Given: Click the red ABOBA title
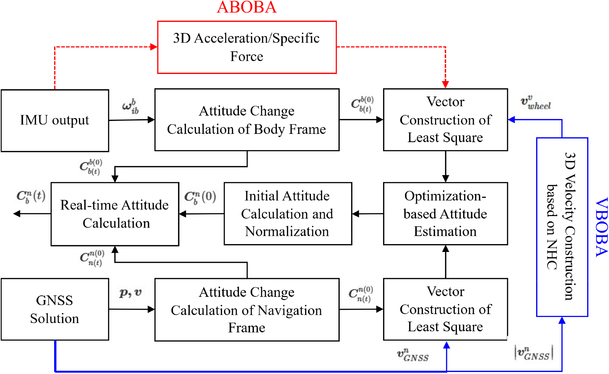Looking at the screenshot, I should point(247,8).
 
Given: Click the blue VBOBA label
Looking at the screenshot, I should point(601,227).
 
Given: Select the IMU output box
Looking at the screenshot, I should point(55,121).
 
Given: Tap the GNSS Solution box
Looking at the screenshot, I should point(55,309).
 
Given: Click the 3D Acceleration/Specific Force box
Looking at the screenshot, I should point(247,47).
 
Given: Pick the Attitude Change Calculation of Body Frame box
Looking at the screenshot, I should point(247,120).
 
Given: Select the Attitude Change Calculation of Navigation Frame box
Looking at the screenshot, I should point(247,309).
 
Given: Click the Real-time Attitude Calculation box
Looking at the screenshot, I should point(115,214).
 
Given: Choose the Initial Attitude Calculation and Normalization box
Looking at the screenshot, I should point(288,214).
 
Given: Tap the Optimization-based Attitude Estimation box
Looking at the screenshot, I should point(445,214).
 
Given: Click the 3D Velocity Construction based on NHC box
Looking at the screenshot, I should point(562,227).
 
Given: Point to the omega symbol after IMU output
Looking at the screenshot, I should point(130,107).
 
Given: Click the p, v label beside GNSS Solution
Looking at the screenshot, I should point(130,293).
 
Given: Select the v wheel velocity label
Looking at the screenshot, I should point(535,103).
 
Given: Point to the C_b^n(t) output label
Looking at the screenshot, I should point(31,197).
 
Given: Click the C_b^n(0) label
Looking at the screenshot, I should point(200,197).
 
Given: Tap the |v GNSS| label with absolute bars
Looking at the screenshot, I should point(534,353).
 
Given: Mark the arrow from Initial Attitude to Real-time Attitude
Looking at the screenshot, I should point(201,214).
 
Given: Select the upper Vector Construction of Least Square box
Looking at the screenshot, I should point(445,120).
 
